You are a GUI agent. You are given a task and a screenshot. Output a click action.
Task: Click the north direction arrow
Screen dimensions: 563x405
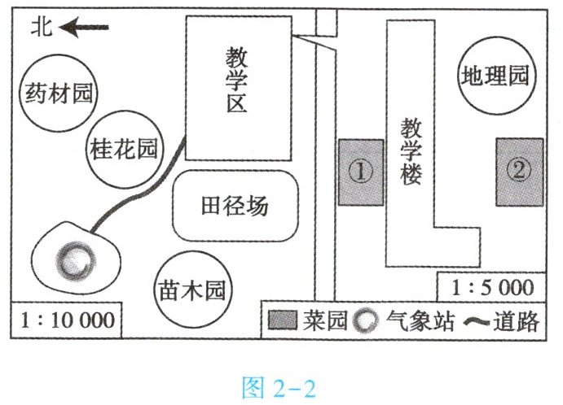85,28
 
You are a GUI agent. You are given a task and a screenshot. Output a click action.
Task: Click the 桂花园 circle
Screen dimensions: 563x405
124,148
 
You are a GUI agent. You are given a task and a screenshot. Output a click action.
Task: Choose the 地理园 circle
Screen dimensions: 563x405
495,77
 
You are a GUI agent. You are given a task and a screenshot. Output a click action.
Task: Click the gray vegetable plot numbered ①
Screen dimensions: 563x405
361,172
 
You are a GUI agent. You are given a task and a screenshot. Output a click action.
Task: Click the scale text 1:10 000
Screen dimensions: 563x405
66,320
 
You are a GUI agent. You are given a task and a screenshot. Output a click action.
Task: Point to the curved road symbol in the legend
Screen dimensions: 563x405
476,321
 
